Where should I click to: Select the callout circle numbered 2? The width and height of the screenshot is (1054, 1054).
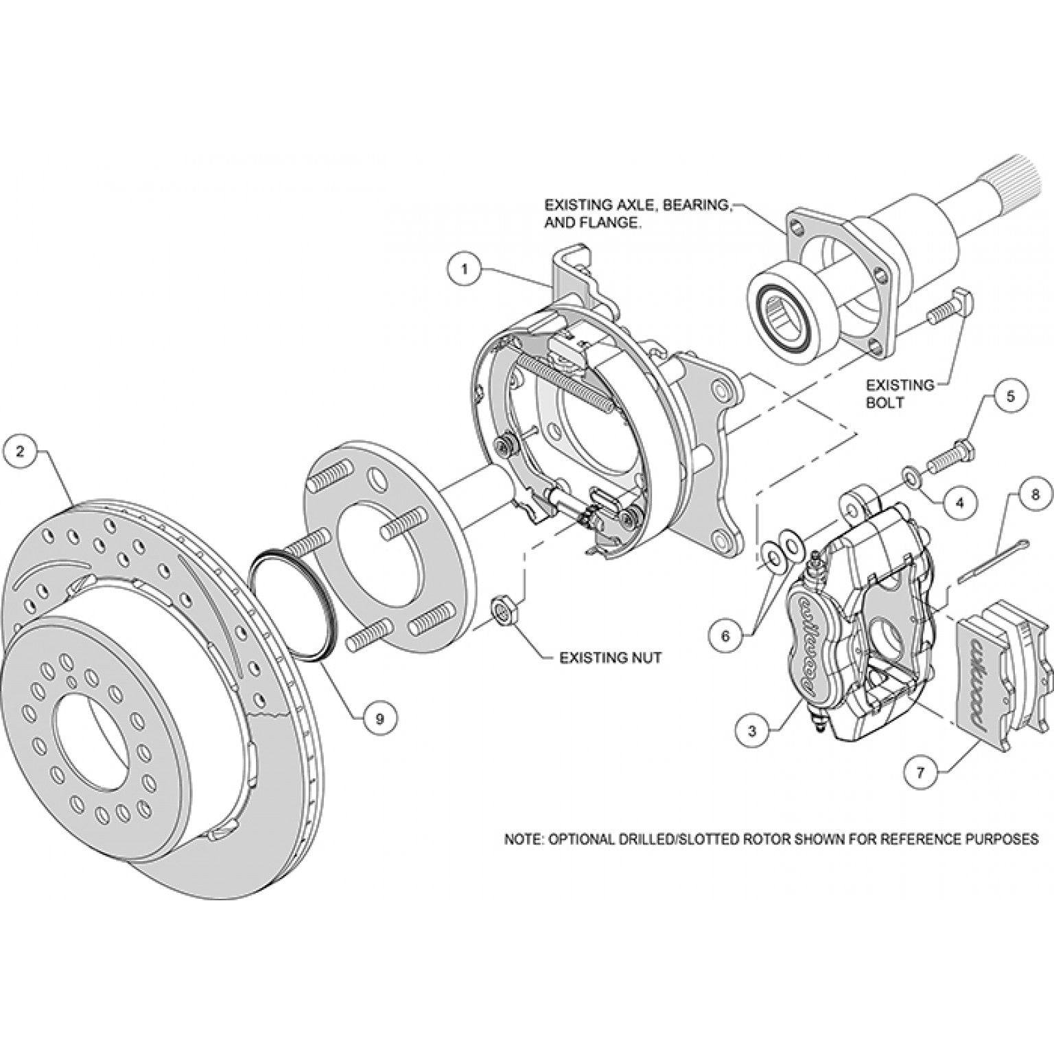(21, 451)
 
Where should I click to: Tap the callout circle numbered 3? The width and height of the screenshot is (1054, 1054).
(753, 732)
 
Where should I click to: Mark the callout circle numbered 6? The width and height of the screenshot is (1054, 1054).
(727, 635)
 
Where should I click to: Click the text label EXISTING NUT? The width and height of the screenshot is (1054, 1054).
(610, 657)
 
